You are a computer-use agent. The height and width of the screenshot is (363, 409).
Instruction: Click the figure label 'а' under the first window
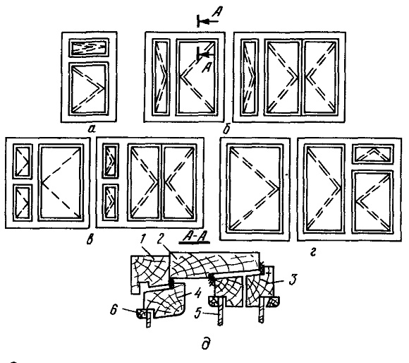coord(91,129)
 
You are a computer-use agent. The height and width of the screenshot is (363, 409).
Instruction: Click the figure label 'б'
coord(226,129)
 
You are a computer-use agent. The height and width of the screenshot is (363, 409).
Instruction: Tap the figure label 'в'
coord(90,239)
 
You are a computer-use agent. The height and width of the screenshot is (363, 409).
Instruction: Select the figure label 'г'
coord(313,252)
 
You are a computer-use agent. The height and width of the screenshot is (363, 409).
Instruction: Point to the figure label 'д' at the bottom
coord(206,344)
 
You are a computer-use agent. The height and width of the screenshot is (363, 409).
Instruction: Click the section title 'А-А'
coord(195,237)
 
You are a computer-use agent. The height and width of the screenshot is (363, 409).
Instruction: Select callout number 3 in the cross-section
coord(293,279)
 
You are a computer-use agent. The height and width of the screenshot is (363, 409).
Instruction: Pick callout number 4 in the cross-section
coord(197,293)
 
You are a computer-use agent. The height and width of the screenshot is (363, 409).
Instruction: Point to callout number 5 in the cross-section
coord(199,313)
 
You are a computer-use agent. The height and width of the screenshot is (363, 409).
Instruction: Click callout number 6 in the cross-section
coord(114,310)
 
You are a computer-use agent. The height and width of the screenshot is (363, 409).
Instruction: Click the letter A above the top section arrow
coord(216,11)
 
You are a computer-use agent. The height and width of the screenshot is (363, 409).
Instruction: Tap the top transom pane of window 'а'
coord(89,48)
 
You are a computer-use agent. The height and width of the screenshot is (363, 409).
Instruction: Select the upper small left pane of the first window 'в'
coord(23,162)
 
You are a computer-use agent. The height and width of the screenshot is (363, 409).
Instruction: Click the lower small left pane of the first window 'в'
coord(23,203)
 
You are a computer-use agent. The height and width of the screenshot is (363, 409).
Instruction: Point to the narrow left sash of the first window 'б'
coord(161,77)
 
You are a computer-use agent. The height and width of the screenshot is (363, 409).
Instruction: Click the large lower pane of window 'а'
coord(89,88)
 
